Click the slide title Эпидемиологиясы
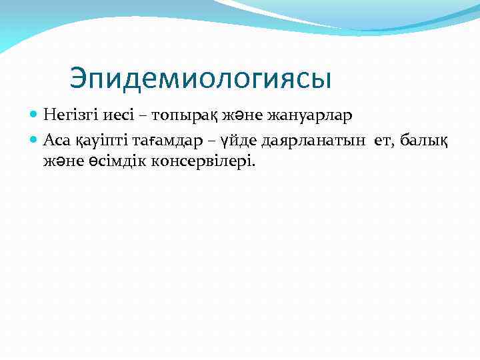(x=200, y=79)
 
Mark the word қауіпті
(x=95, y=140)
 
